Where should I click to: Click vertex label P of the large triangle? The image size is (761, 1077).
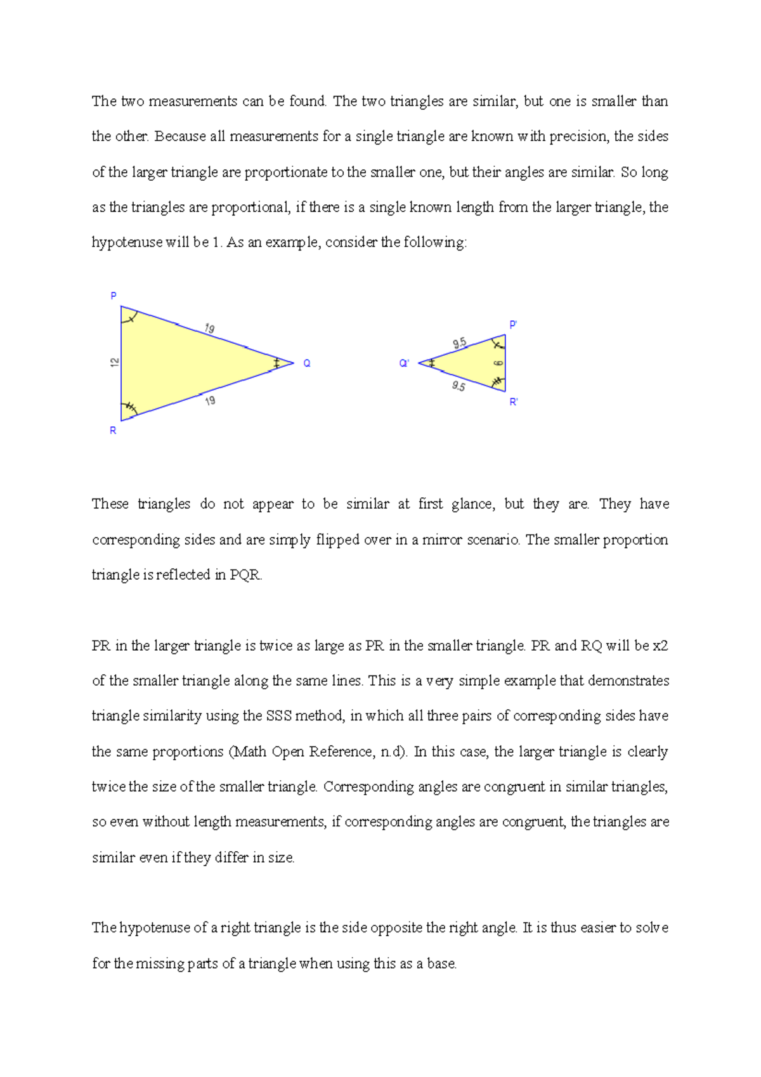[x=114, y=296]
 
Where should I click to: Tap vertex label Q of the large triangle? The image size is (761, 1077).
[x=307, y=363]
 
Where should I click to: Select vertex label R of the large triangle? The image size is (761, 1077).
[x=113, y=431]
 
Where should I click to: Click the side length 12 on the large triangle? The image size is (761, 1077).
[x=115, y=362]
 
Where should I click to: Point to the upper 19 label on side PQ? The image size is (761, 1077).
[x=209, y=328]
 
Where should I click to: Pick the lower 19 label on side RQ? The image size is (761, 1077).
[x=210, y=400]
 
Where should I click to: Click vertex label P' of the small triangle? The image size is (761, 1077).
[x=513, y=325]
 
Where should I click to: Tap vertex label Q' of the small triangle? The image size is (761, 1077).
[x=404, y=363]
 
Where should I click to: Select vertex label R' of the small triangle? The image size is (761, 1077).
[x=514, y=402]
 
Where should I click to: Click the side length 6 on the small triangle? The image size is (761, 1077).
[x=498, y=363]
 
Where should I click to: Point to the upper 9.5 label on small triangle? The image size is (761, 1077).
[x=459, y=343]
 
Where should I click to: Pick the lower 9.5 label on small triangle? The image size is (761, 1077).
[x=459, y=386]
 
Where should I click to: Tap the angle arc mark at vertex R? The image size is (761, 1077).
[x=130, y=408]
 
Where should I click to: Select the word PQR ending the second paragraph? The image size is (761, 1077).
[x=245, y=575]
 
